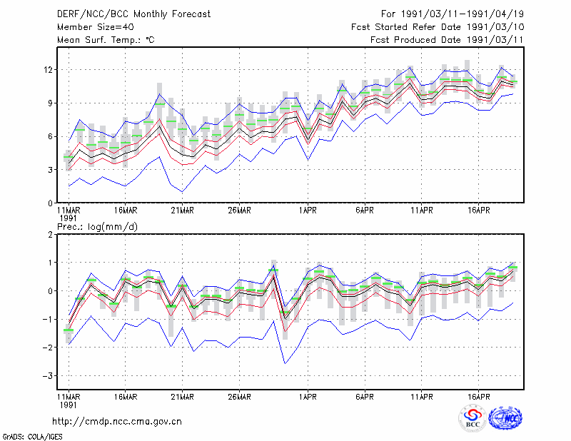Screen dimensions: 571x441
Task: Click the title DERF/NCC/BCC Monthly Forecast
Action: coord(133,14)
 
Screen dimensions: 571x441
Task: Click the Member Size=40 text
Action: coord(96,27)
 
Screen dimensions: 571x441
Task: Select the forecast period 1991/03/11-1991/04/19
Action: coord(453,14)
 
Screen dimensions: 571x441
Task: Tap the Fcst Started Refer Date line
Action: coord(438,27)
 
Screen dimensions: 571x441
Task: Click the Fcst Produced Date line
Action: coord(447,40)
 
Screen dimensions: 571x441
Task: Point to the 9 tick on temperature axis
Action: coord(50,103)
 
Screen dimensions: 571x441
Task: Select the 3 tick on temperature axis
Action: coord(50,170)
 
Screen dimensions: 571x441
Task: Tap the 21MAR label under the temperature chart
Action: coord(183,211)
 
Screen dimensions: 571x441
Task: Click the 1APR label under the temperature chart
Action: coord(308,211)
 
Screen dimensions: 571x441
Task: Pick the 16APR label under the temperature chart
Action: coord(478,211)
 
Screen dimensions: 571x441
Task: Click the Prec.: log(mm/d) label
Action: coord(97,227)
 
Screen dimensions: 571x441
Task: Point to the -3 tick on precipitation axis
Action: coord(48,375)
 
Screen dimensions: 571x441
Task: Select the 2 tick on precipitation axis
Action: coord(50,235)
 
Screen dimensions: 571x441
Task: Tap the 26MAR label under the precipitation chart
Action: coord(239,397)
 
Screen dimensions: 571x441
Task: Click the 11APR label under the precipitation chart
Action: coord(422,397)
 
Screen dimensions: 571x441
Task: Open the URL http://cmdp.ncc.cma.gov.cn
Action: coord(117,422)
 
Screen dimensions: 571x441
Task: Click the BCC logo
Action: coord(473,419)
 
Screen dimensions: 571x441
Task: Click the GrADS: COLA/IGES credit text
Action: coord(32,437)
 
